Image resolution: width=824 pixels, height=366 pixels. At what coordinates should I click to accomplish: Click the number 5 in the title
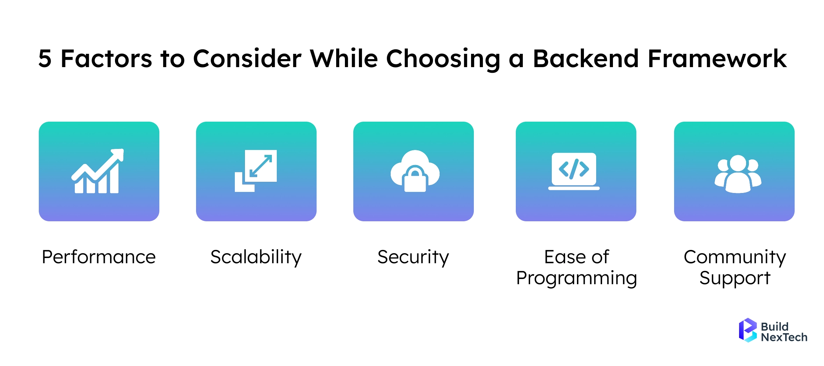pos(45,59)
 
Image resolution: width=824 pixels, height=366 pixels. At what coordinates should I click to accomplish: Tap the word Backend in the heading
pos(586,59)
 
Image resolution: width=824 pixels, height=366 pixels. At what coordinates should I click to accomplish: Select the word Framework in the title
pos(717,59)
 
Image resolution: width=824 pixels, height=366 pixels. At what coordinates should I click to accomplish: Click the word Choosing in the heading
pos(443,59)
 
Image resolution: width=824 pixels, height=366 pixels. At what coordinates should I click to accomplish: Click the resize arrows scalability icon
pos(256,171)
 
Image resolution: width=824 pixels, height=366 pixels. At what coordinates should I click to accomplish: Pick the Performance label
pos(99,257)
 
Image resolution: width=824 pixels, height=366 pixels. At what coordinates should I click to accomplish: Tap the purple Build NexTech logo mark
pos(747,330)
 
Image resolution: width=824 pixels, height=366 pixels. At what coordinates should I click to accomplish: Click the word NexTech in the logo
pos(784,337)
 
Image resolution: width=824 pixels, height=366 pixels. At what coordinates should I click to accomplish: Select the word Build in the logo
pos(775,326)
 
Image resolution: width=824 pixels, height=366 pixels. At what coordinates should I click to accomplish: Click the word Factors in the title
pos(106,59)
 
